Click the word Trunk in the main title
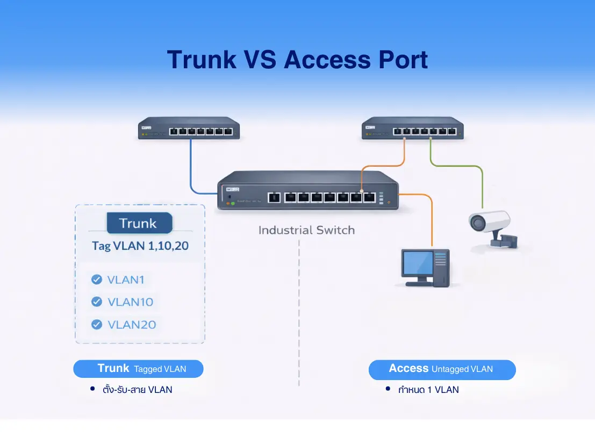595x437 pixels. coord(201,59)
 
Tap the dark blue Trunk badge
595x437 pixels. coord(139,223)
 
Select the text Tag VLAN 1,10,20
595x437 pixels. coord(140,246)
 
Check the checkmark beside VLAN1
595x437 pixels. coord(97,280)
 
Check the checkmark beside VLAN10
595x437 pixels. coord(97,302)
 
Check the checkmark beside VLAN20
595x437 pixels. coord(97,325)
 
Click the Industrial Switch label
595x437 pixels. coord(306,230)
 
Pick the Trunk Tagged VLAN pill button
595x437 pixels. coord(138,369)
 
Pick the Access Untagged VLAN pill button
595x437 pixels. coord(442,369)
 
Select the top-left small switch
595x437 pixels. coord(189,128)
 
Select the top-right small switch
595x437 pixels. coord(412,128)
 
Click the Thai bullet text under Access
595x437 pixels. coord(428,390)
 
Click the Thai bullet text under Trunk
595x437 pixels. coord(138,390)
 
